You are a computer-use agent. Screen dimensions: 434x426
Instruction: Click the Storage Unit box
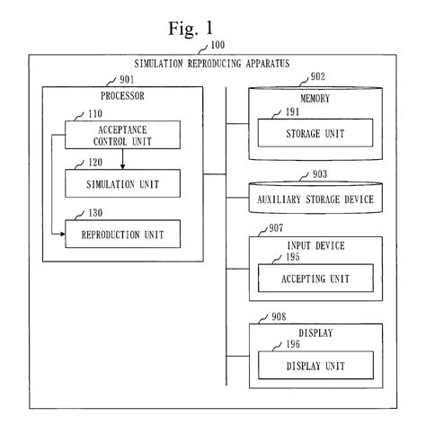point(314,135)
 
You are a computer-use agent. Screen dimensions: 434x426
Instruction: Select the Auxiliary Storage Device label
point(314,199)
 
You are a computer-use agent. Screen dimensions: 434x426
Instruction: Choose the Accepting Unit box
point(314,279)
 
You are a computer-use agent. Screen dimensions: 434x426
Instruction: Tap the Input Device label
point(314,245)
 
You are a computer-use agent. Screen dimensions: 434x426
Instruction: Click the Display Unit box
point(314,365)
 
